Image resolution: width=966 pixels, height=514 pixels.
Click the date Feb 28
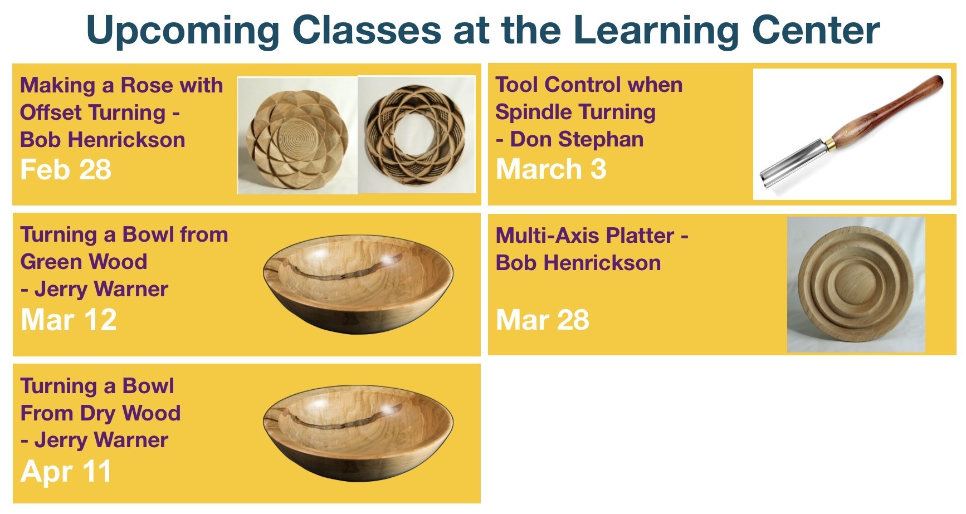coord(66,170)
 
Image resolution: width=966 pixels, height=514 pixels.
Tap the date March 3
coord(551,169)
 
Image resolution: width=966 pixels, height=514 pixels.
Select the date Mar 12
coord(69,320)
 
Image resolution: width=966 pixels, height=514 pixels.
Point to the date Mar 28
coord(543,320)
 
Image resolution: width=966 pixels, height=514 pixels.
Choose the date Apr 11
coord(66,471)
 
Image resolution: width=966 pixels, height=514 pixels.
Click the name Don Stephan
coord(577,139)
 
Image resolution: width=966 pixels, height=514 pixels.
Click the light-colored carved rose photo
coord(297,135)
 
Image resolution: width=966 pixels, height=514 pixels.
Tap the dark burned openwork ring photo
coord(416,135)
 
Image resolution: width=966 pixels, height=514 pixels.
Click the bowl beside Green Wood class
coord(358,284)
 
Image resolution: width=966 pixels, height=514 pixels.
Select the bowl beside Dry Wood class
coord(358,435)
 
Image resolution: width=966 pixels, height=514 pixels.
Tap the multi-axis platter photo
coord(856,285)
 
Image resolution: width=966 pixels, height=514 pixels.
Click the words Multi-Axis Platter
coord(585,236)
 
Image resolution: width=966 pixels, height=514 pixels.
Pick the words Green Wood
coord(84,262)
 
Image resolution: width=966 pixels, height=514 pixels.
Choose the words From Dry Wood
coord(100,413)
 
